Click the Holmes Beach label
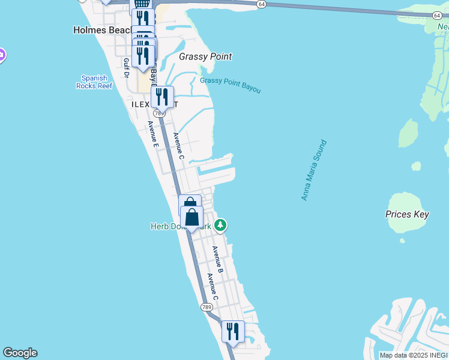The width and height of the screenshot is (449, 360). pos(102,29)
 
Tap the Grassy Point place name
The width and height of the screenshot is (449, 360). pos(205,57)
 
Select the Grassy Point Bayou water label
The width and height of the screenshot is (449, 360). pos(231,85)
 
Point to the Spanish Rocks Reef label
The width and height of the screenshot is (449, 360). pos(94,82)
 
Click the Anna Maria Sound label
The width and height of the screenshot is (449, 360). pos(314,170)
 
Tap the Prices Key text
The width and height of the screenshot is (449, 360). pos(406,214)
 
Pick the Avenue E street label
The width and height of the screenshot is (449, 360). pos(153,134)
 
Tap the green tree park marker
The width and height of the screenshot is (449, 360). pos(221,225)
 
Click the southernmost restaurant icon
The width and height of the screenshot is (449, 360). pos(232,331)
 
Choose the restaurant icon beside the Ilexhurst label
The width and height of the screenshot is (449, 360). pos(162,97)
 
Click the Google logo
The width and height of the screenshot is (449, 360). pos(20,353)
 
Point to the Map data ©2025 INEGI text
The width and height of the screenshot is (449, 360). pos(413,355)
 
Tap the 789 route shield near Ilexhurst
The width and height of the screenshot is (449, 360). pos(158,113)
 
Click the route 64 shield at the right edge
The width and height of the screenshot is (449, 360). pos(436,16)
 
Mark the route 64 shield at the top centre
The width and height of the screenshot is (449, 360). pos(261,4)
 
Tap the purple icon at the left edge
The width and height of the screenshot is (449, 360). pos(2,55)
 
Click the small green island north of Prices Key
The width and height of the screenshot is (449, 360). pos(408,133)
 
